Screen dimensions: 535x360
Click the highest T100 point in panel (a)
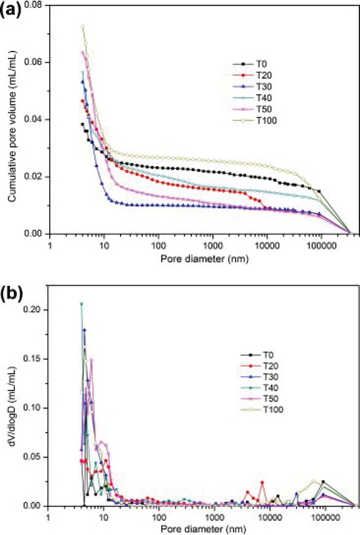click(82, 26)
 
